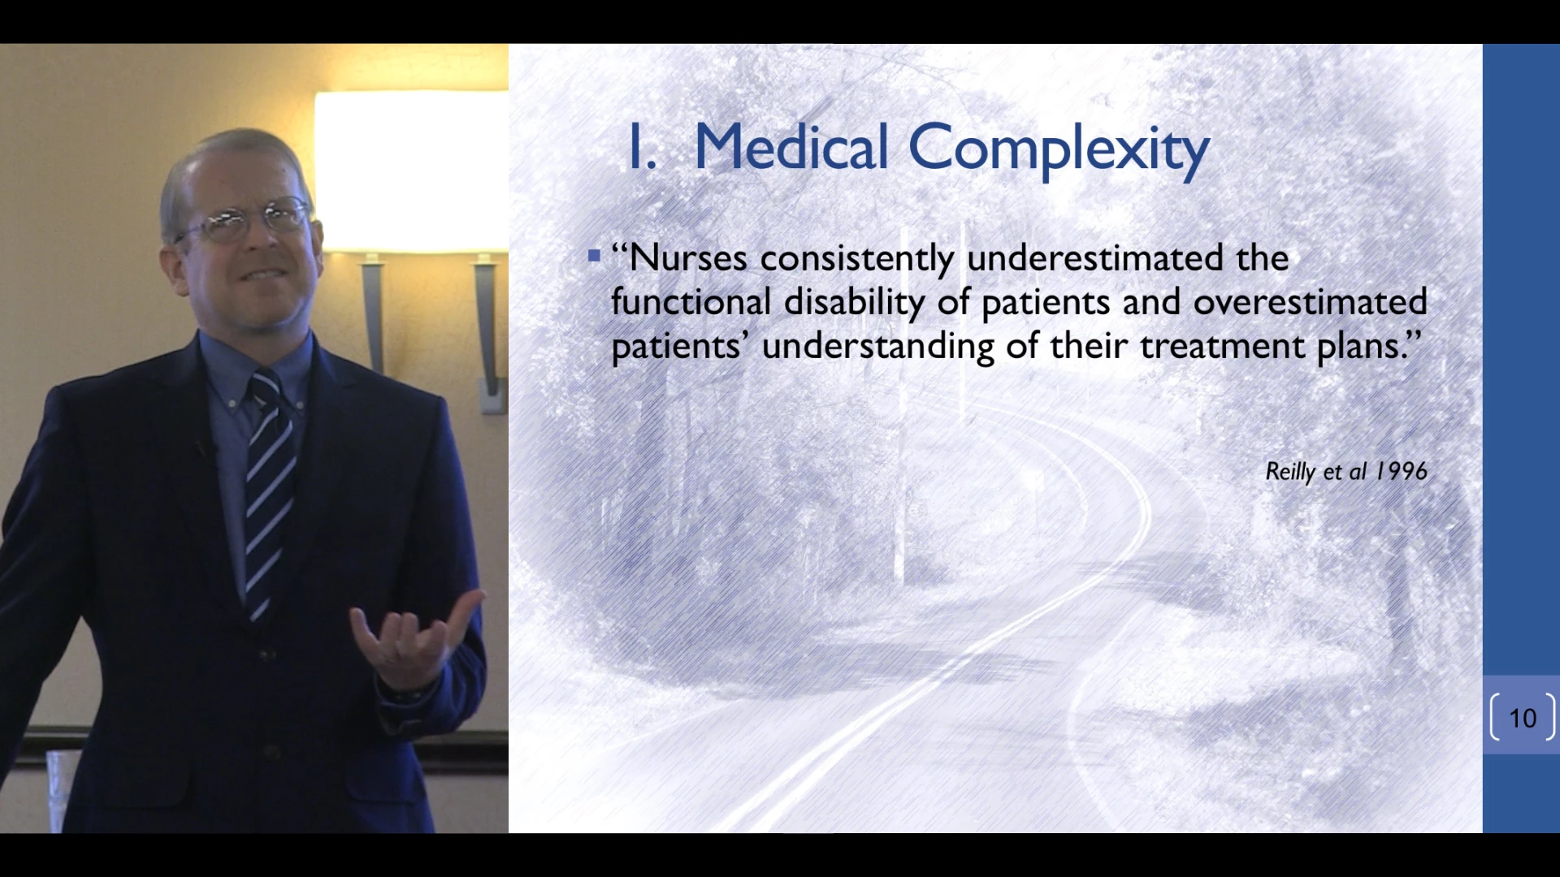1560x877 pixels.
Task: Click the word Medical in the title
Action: (791, 147)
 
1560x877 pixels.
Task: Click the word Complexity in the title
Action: (1059, 150)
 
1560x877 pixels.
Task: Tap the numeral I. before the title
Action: (642, 147)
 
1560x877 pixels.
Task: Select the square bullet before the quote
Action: (594, 257)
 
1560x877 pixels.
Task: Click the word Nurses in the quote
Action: (687, 258)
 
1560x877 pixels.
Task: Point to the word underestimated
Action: (1094, 258)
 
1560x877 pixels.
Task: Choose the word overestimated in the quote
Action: (1310, 302)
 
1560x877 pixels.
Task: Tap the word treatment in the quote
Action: (1223, 347)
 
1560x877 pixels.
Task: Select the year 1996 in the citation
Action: (1401, 472)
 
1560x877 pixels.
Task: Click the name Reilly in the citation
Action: (1290, 473)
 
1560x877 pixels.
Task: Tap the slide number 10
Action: (1523, 718)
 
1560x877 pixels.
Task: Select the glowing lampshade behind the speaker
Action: (410, 171)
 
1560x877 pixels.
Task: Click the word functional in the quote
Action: (691, 302)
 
